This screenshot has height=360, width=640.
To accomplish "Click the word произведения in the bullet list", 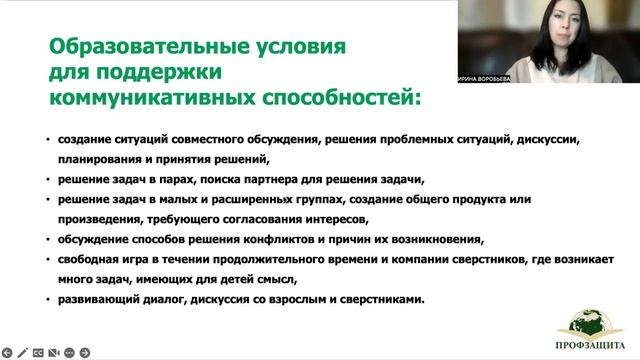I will [87, 219].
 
